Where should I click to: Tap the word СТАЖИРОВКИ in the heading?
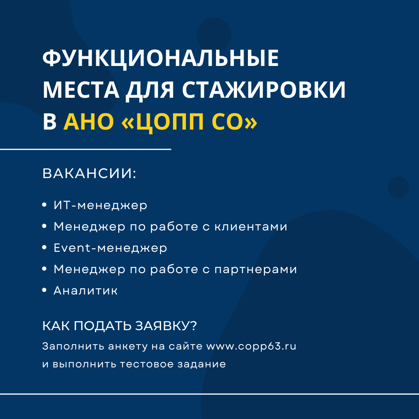coord(264,90)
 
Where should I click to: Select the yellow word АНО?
coord(89,121)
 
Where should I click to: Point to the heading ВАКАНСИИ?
coord(89,173)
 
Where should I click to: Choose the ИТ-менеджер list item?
coord(100,205)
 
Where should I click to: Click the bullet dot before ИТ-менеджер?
coord(45,205)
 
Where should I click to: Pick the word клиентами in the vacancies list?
coord(251,227)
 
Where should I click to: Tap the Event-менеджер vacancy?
coord(110,248)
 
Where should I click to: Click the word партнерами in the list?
coord(256,270)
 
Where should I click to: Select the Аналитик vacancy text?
coord(85,291)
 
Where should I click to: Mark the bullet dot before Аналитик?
coord(45,290)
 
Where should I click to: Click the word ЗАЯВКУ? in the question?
coord(166,326)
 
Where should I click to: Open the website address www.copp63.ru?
coord(251,346)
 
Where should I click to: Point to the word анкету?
coord(128,347)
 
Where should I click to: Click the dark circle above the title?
coord(214,35)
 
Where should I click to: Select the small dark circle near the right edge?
coord(398,187)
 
